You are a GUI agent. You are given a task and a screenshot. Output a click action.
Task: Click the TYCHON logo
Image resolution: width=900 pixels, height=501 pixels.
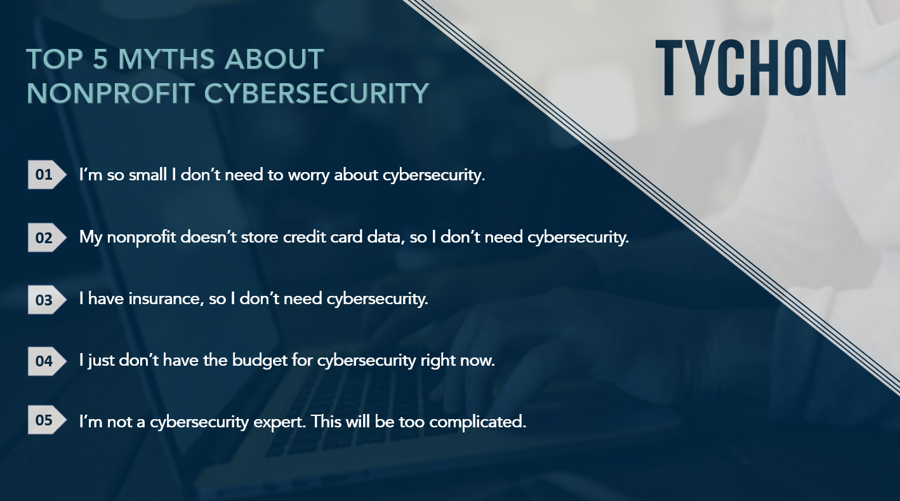point(751,67)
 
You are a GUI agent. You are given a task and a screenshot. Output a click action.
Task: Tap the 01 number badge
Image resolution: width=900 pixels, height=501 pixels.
point(46,175)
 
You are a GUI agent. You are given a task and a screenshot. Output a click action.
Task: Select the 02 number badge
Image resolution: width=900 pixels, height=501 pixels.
point(46,237)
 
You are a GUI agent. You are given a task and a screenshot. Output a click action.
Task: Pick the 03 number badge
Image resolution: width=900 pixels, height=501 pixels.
point(46,300)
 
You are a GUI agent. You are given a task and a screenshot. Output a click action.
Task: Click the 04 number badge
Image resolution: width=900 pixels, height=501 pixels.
point(46,361)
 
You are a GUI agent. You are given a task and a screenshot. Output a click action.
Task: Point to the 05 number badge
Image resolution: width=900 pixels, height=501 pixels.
point(46,420)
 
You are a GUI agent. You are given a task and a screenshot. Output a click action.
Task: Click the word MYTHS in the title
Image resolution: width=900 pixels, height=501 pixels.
point(166,59)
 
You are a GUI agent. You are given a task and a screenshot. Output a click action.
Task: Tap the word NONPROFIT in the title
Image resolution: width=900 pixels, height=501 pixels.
point(110,93)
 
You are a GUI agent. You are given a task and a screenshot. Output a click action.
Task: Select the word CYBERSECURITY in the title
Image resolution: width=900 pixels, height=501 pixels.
point(317,93)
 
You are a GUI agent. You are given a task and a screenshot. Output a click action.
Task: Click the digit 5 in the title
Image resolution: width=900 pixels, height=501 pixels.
point(100,59)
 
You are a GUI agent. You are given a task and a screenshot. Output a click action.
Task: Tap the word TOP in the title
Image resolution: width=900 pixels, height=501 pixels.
point(55,59)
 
